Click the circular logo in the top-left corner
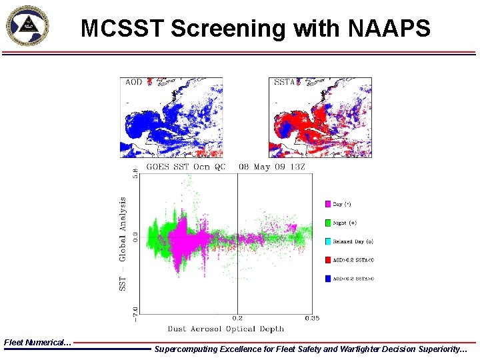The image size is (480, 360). tap(27, 27)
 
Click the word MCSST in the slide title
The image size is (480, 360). tap(122, 29)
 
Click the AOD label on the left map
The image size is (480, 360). tap(134, 82)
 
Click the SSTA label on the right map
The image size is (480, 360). tap(285, 82)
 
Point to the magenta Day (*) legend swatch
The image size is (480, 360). tap(328, 204)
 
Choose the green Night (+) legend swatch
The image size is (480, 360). tap(328, 223)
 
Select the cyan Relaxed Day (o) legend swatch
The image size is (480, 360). tap(328, 241)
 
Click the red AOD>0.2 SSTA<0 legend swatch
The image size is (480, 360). tap(328, 260)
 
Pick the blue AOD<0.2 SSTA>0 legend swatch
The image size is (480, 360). tap(328, 279)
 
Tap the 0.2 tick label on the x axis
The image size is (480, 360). tap(237, 319)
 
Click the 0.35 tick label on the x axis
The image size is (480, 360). tap(311, 319)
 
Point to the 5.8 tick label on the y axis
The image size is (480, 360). tap(137, 173)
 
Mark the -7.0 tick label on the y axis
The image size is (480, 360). tap(137, 311)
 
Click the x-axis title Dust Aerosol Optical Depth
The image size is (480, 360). tap(225, 329)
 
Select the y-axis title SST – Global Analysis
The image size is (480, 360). tap(123, 243)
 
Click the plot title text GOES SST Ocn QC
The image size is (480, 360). tap(185, 167)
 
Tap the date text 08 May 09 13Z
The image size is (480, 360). tap(272, 167)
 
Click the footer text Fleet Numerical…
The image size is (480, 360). tap(37, 342)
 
